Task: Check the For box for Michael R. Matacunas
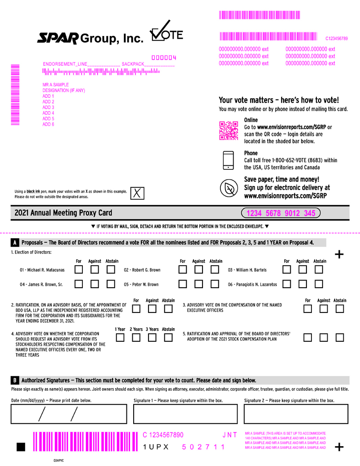79,270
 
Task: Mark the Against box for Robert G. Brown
199,270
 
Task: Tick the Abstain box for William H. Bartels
319,270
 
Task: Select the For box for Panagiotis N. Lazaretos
287,284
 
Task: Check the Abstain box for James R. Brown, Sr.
111,284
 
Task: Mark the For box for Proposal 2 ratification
136,309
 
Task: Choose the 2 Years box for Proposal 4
136,338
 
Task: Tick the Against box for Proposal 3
324,309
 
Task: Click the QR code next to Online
229,131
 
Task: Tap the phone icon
229,160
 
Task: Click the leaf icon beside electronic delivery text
229,188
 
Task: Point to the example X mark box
137,193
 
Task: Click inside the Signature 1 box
185,414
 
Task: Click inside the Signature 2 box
296,414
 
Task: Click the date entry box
69,414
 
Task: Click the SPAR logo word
58,38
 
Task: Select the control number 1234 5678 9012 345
281,213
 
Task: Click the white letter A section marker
14,243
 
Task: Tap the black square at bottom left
21,447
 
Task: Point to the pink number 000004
164,58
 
